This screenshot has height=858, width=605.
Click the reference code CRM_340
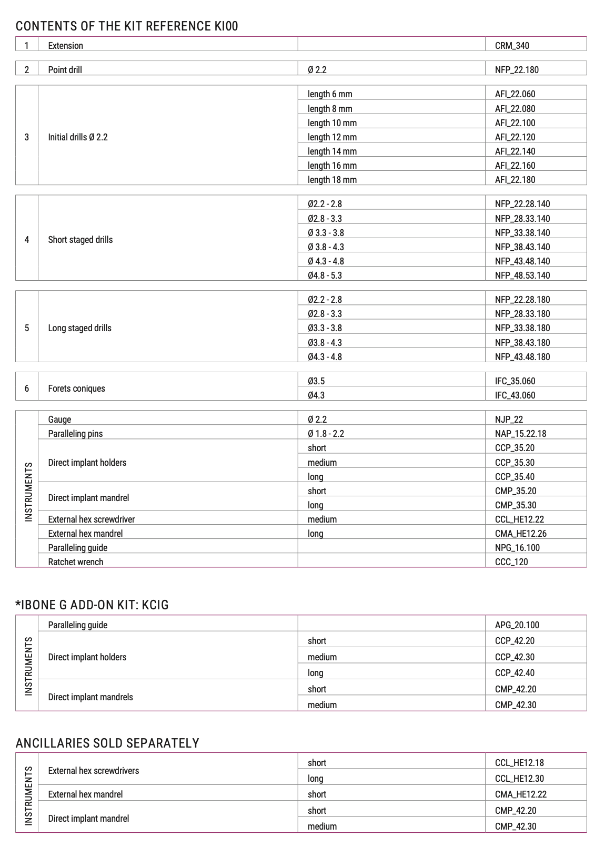[512, 46]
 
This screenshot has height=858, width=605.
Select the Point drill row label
[65, 70]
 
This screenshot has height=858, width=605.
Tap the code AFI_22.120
[515, 137]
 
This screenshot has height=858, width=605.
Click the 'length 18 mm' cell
[332, 180]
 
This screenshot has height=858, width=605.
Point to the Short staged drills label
[80, 240]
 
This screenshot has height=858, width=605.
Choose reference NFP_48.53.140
[522, 275]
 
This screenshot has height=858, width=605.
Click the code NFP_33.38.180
[522, 328]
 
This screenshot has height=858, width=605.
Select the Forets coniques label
[76, 389]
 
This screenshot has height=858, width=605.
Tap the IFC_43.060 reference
[515, 395]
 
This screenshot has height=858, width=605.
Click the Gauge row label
[59, 420]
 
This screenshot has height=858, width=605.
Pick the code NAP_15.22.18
[520, 434]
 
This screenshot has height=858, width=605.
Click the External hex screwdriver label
[91, 519]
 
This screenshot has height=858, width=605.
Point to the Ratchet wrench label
[75, 562]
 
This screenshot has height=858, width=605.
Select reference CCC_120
[511, 562]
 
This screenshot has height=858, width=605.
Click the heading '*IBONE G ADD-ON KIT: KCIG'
[92, 605]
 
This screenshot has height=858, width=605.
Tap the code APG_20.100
[517, 625]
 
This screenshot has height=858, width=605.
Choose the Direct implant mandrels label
[90, 697]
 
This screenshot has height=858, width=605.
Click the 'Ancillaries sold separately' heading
[107, 743]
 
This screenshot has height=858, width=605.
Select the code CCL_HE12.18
[519, 763]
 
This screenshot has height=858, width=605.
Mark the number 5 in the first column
[27, 328]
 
